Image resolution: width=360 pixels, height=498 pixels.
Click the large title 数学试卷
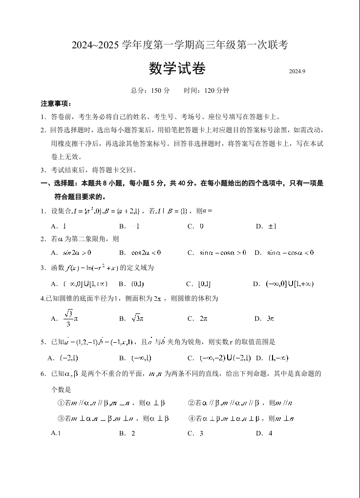(177, 69)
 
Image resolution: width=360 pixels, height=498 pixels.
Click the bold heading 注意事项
(56, 104)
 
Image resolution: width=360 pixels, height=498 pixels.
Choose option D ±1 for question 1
(267, 226)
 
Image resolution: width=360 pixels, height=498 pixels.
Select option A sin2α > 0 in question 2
(72, 252)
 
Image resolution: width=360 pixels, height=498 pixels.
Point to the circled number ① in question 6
(61, 403)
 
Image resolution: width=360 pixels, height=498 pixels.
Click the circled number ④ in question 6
(191, 418)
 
